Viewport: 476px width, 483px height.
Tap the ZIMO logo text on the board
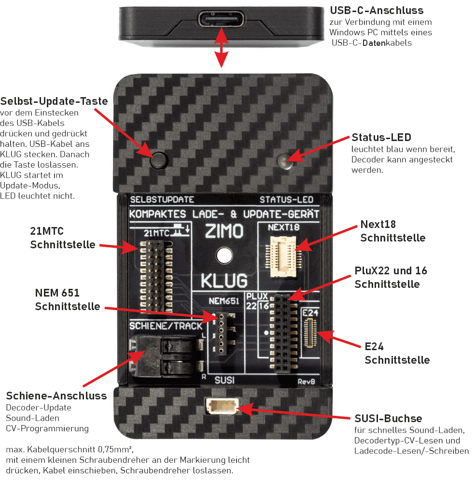point(224,231)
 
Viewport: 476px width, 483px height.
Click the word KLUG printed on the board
point(224,280)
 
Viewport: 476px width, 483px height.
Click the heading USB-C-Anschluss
point(376,11)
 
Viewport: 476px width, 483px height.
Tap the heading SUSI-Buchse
point(389,418)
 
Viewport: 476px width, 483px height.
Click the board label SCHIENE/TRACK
point(166,326)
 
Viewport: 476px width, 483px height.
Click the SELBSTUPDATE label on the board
point(162,199)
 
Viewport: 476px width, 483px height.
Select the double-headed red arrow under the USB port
point(221,47)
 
